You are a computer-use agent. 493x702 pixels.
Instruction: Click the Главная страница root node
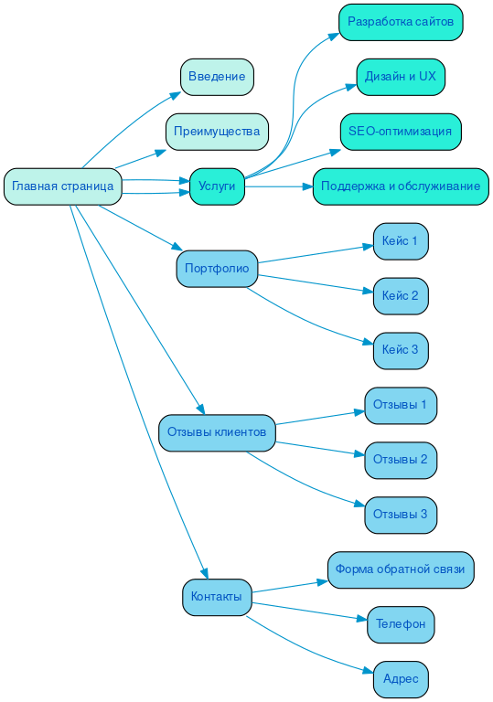[x=63, y=186]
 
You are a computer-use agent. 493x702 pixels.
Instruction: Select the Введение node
[x=217, y=77]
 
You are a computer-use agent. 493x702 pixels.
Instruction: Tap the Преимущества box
[x=217, y=132]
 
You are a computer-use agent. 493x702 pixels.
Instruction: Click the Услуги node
[x=217, y=186]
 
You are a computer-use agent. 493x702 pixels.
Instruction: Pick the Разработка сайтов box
[x=401, y=22]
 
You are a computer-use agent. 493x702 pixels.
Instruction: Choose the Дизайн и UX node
[x=401, y=77]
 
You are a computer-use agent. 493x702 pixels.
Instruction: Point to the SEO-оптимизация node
[x=401, y=132]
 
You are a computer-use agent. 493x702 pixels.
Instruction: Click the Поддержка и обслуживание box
[x=401, y=186]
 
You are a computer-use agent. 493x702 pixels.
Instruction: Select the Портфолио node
[x=217, y=269]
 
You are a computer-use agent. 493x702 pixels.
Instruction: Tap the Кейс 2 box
[x=401, y=296]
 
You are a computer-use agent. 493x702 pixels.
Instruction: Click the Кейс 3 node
[x=401, y=350]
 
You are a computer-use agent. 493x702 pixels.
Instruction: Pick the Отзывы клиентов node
[x=217, y=432]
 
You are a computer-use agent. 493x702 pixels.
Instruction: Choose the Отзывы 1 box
[x=401, y=405]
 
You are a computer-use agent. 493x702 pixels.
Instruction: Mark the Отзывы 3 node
[x=401, y=515]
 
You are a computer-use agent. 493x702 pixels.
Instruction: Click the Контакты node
[x=217, y=597]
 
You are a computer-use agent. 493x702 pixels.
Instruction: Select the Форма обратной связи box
[x=401, y=569]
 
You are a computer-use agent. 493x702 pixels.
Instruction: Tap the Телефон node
[x=401, y=624]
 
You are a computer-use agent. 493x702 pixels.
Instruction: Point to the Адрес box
[x=401, y=679]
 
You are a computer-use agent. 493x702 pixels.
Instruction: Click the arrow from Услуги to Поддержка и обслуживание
[x=278, y=186]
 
